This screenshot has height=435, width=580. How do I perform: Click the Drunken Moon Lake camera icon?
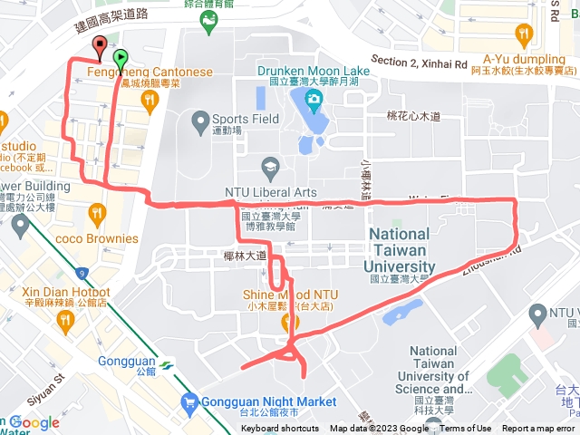click(313, 98)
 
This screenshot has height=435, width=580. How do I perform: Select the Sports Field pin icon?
click(200, 119)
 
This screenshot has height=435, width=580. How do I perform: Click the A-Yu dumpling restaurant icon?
click(523, 35)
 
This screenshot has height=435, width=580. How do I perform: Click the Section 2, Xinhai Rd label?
click(418, 63)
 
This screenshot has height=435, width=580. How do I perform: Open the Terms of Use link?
click(466, 429)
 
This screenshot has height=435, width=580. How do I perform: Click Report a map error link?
click(539, 429)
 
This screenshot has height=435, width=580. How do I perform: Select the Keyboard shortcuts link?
click(280, 429)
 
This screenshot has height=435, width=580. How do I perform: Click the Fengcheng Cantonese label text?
click(150, 72)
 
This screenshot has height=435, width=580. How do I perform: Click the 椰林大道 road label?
click(245, 256)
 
